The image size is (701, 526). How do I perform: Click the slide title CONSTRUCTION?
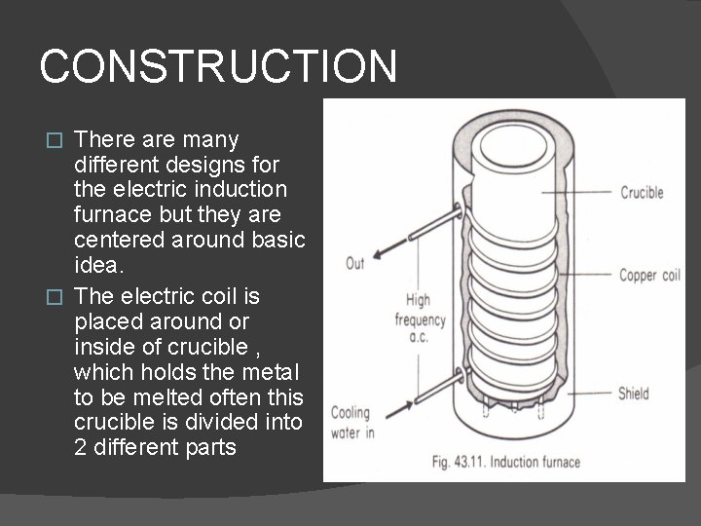(218, 66)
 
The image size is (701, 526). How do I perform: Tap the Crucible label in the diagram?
(643, 192)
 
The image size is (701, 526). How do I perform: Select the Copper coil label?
(649, 276)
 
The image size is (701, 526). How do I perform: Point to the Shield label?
(634, 394)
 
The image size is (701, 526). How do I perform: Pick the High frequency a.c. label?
(420, 320)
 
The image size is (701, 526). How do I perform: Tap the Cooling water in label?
(350, 421)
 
